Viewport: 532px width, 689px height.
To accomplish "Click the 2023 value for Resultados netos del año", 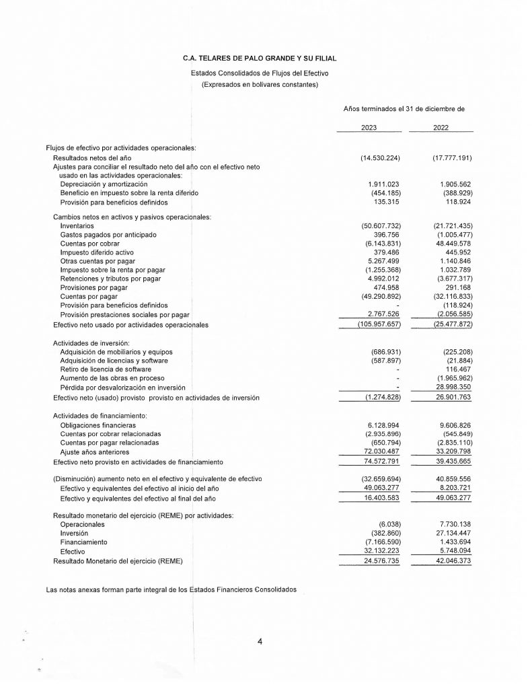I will [x=380, y=157].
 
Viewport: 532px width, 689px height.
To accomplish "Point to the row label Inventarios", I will [x=77, y=226].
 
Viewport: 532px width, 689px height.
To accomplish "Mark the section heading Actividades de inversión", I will [x=91, y=343].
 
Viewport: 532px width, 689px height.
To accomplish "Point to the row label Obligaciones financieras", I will [x=98, y=425].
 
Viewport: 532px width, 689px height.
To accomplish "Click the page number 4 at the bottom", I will [x=260, y=641].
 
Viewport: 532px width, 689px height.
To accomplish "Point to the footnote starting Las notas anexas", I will [x=171, y=589].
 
